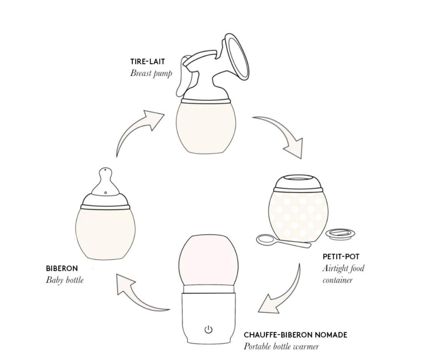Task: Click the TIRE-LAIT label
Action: (x=147, y=61)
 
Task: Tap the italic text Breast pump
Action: (x=151, y=73)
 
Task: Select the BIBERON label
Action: (x=62, y=268)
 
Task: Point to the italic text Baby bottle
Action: (x=65, y=280)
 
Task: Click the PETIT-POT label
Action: (x=341, y=257)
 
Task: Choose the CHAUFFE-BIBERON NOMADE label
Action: (x=295, y=335)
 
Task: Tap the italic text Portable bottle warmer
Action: (x=281, y=347)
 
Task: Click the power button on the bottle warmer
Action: (x=208, y=329)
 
